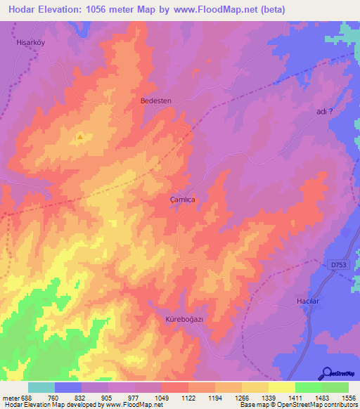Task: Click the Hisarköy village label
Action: [x=30, y=42]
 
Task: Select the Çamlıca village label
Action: [x=182, y=200]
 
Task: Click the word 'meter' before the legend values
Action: [x=11, y=397]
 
